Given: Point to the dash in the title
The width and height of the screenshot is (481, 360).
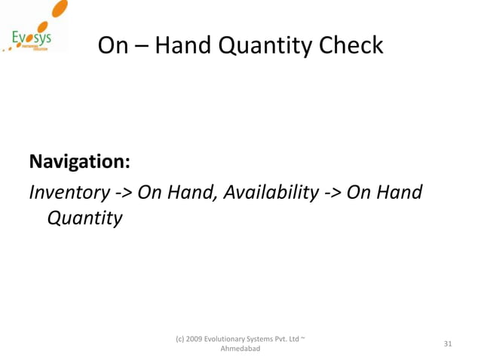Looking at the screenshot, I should tap(142, 47).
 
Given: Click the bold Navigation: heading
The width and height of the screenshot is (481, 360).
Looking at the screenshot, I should tap(79, 162).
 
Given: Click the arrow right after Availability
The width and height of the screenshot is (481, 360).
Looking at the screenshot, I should tap(332, 193).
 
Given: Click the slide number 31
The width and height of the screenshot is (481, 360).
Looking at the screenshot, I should tap(448, 344).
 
